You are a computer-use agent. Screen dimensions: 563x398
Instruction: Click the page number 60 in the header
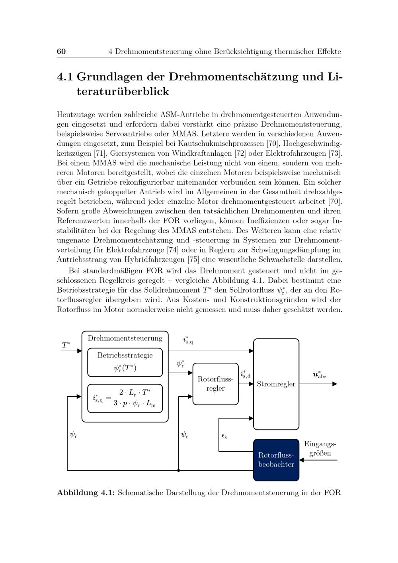[x=61, y=51]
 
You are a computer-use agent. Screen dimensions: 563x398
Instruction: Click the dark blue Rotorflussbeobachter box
[x=276, y=460]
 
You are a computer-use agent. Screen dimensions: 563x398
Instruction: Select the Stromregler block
[x=276, y=384]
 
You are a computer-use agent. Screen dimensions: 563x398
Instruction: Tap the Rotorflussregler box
[x=215, y=384]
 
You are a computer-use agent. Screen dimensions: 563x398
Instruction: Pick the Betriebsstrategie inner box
[x=125, y=362]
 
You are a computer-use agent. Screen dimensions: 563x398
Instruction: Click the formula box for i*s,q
[x=125, y=398]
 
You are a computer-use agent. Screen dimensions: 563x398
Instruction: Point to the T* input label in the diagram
[x=66, y=345]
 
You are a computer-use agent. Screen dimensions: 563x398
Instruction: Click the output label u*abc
[x=319, y=375]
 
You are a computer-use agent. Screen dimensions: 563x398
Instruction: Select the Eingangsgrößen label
[x=320, y=448]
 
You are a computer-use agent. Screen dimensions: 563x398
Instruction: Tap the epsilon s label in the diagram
[x=224, y=436]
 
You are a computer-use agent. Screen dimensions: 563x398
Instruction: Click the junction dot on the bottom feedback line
[x=178, y=470]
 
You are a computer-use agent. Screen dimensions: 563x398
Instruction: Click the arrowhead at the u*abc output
[x=335, y=384]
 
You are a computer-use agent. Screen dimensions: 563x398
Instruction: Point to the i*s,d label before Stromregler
[x=245, y=374]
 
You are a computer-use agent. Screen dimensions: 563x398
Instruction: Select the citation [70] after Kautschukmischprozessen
[x=272, y=143]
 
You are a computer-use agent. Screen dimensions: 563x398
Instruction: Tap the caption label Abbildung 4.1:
[x=86, y=493]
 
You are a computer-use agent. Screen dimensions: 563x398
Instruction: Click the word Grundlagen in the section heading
[x=111, y=76]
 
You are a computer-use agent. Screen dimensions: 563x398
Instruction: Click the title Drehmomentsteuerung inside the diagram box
[x=125, y=338]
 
